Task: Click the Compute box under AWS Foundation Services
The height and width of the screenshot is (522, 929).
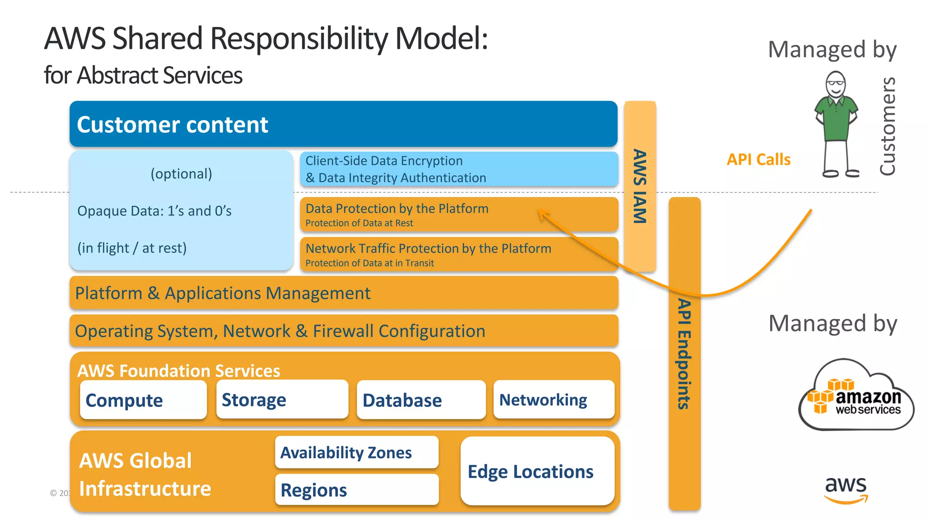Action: pyautogui.click(x=143, y=400)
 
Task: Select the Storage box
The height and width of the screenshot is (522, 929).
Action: pyautogui.click(x=282, y=399)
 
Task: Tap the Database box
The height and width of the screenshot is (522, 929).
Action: pyautogui.click(x=421, y=400)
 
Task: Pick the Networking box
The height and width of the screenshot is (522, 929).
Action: pyautogui.click(x=553, y=399)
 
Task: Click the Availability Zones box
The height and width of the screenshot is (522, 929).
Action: pyautogui.click(x=357, y=452)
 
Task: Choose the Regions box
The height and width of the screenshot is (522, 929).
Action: pyautogui.click(x=357, y=490)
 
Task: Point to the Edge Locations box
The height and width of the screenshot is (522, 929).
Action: pyautogui.click(x=537, y=471)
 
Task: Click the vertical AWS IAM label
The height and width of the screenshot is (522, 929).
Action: pyautogui.click(x=640, y=186)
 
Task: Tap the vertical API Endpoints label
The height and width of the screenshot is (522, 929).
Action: pyautogui.click(x=684, y=354)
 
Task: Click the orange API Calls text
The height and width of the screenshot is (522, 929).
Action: pyautogui.click(x=758, y=159)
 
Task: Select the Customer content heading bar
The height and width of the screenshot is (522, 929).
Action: pyautogui.click(x=343, y=124)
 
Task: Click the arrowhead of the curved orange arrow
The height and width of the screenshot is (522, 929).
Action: pyautogui.click(x=542, y=213)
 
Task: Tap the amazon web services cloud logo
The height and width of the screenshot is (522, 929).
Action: pyautogui.click(x=856, y=396)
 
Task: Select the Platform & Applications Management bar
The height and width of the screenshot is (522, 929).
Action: pyautogui.click(x=344, y=293)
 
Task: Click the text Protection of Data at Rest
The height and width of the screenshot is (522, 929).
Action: pyautogui.click(x=359, y=223)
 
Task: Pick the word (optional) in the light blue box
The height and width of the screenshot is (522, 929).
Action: pyautogui.click(x=181, y=174)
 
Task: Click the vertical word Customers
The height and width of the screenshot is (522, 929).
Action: pyautogui.click(x=888, y=126)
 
